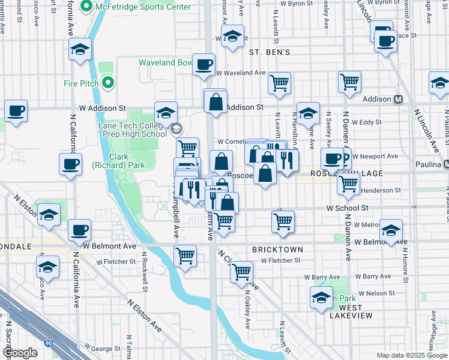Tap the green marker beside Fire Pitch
108,82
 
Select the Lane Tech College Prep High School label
132,129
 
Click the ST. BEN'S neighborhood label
270,52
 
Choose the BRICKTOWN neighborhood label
277,248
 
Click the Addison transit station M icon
399,100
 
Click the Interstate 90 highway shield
49,342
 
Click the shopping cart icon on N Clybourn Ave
241,272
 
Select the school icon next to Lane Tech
166,112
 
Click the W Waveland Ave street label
241,73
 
